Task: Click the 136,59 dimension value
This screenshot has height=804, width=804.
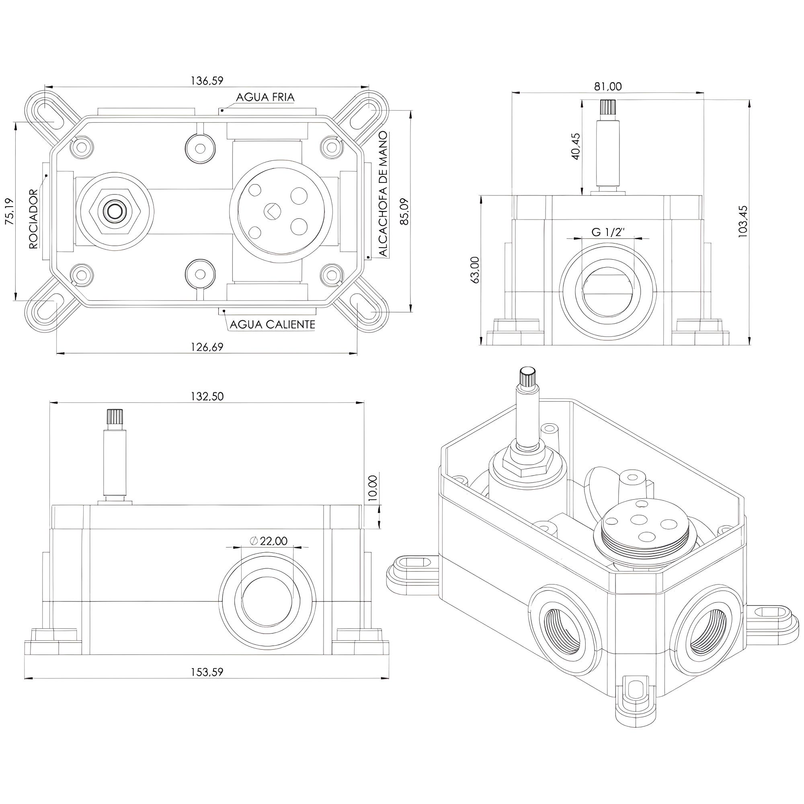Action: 207,80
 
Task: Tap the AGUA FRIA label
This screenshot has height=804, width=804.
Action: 265,97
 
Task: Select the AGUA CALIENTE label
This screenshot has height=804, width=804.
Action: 272,324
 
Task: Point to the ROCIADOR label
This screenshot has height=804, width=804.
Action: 34,219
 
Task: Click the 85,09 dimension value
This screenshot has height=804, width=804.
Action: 404,212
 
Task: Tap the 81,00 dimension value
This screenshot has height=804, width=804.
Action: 608,86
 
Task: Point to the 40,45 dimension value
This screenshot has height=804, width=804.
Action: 576,146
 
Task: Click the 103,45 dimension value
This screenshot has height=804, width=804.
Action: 743,222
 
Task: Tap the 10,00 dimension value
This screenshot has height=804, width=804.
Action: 373,488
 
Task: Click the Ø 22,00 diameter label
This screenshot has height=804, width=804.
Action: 269,541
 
